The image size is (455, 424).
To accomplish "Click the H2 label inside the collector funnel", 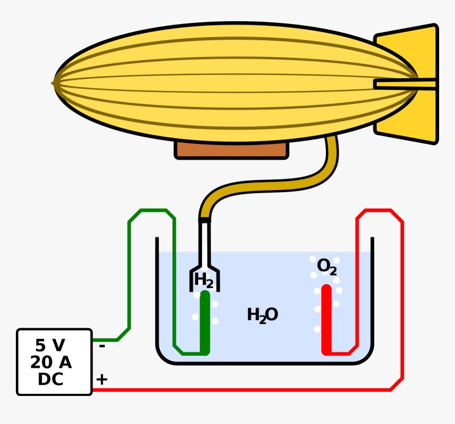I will pos(203,280).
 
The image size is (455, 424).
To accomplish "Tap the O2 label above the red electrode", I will pos(326,267).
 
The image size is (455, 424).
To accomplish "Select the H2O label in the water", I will pos(262,315).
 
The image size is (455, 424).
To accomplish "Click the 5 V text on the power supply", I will pos(50,346).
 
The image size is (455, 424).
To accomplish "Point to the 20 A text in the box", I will pos(51,363).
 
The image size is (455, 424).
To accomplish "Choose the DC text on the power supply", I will pos(51,380).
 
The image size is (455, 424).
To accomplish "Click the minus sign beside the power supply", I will pos(102,347).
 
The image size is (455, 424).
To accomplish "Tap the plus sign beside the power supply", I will pos(102,380).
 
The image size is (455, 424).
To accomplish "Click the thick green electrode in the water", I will pos(205,323).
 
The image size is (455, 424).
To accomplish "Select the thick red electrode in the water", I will pos(326,320).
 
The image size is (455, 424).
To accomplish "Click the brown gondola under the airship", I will pos(231,150).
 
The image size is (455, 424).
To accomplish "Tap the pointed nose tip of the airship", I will pos(54,83).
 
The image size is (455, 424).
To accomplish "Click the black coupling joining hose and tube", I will pos(204,220).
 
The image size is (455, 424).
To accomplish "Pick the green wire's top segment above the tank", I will pos(153,211).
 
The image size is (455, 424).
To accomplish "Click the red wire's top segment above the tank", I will pos(378,211).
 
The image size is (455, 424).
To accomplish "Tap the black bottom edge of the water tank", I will pos(265,363).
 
